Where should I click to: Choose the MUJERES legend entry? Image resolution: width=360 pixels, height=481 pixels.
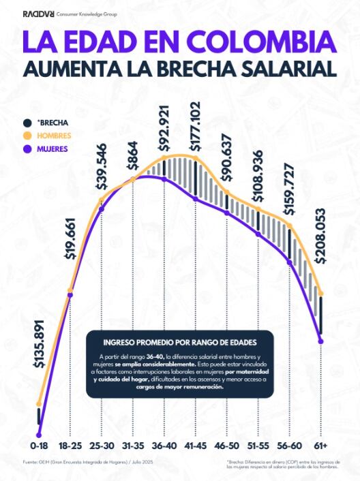click(x=55, y=149)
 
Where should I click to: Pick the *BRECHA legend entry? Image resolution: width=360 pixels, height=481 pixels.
click(x=54, y=123)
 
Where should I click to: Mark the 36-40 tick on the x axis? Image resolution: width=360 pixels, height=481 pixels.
click(x=164, y=445)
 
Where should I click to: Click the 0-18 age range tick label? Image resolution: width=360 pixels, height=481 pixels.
click(x=39, y=445)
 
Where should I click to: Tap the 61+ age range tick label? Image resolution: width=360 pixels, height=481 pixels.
click(x=321, y=445)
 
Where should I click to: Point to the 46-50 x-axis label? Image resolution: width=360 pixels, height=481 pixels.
click(x=227, y=445)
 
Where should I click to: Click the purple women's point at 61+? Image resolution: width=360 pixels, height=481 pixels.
click(x=321, y=341)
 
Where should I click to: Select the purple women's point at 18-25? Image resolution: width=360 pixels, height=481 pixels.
click(x=70, y=295)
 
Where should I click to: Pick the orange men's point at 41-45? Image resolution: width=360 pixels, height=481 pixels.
click(x=196, y=159)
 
